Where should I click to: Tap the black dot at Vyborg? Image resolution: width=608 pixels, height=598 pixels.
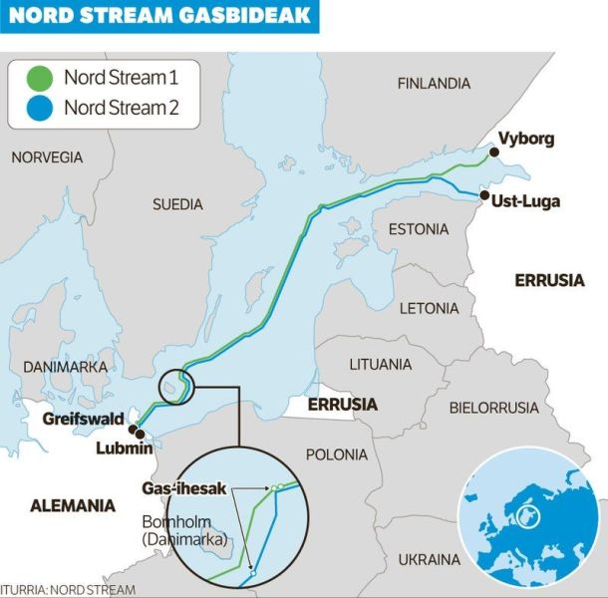coord(492,151)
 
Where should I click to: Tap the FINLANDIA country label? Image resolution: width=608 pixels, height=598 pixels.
coord(434,84)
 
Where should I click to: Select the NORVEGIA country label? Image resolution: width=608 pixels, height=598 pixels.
coord(47,157)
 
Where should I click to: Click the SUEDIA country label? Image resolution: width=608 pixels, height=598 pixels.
coord(177,204)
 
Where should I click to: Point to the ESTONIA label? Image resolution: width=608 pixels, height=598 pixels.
coord(419,229)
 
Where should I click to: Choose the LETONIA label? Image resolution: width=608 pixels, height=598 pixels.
coord(429,308)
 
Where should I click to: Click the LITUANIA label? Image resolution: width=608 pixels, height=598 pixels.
coord(380,365)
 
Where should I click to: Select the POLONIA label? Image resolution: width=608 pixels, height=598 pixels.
coord(337,454)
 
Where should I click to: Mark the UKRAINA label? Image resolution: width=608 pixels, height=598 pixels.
coord(430,559)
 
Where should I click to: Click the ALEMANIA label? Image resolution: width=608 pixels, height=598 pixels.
coord(73,505)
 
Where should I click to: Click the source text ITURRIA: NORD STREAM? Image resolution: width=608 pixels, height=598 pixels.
coord(68,590)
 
